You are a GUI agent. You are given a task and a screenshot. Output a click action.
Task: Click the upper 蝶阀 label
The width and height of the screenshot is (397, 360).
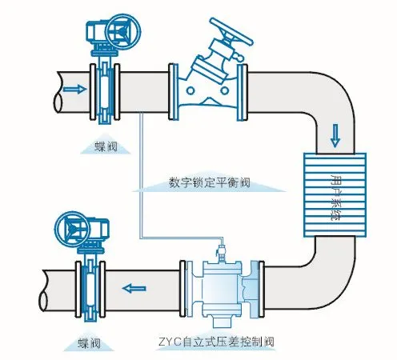click(x=106, y=146)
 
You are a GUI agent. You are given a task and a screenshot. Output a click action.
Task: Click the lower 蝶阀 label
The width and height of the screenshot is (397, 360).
click(x=89, y=343)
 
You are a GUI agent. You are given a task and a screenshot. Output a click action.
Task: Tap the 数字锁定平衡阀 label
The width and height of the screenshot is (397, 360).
click(x=210, y=182)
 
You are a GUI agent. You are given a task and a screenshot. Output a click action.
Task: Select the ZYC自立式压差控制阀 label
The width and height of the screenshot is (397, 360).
click(x=216, y=342)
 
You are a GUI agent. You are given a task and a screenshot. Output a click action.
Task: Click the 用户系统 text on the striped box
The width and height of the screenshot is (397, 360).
click(x=335, y=198)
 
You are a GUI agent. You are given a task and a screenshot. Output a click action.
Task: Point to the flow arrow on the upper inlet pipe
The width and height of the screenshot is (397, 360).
click(x=75, y=89)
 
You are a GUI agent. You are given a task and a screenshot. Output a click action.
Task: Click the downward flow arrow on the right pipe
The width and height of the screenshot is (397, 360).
click(x=335, y=136)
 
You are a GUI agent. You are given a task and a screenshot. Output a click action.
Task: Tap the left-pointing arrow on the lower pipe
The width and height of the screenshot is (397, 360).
click(x=134, y=289)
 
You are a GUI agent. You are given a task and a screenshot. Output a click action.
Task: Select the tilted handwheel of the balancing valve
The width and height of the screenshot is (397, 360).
click(x=231, y=31)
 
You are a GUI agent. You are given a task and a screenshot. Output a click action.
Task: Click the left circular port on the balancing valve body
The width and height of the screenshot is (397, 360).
click(x=190, y=90)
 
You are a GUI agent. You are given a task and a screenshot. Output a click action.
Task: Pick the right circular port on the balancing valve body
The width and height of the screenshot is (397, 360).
click(x=224, y=90)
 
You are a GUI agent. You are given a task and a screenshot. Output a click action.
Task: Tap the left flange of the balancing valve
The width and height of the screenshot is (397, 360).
click(x=174, y=92)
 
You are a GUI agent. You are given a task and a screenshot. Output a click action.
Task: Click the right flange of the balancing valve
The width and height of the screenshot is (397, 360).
click(x=243, y=92)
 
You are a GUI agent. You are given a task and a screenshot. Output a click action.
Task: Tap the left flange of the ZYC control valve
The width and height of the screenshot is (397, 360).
click(x=182, y=288)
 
